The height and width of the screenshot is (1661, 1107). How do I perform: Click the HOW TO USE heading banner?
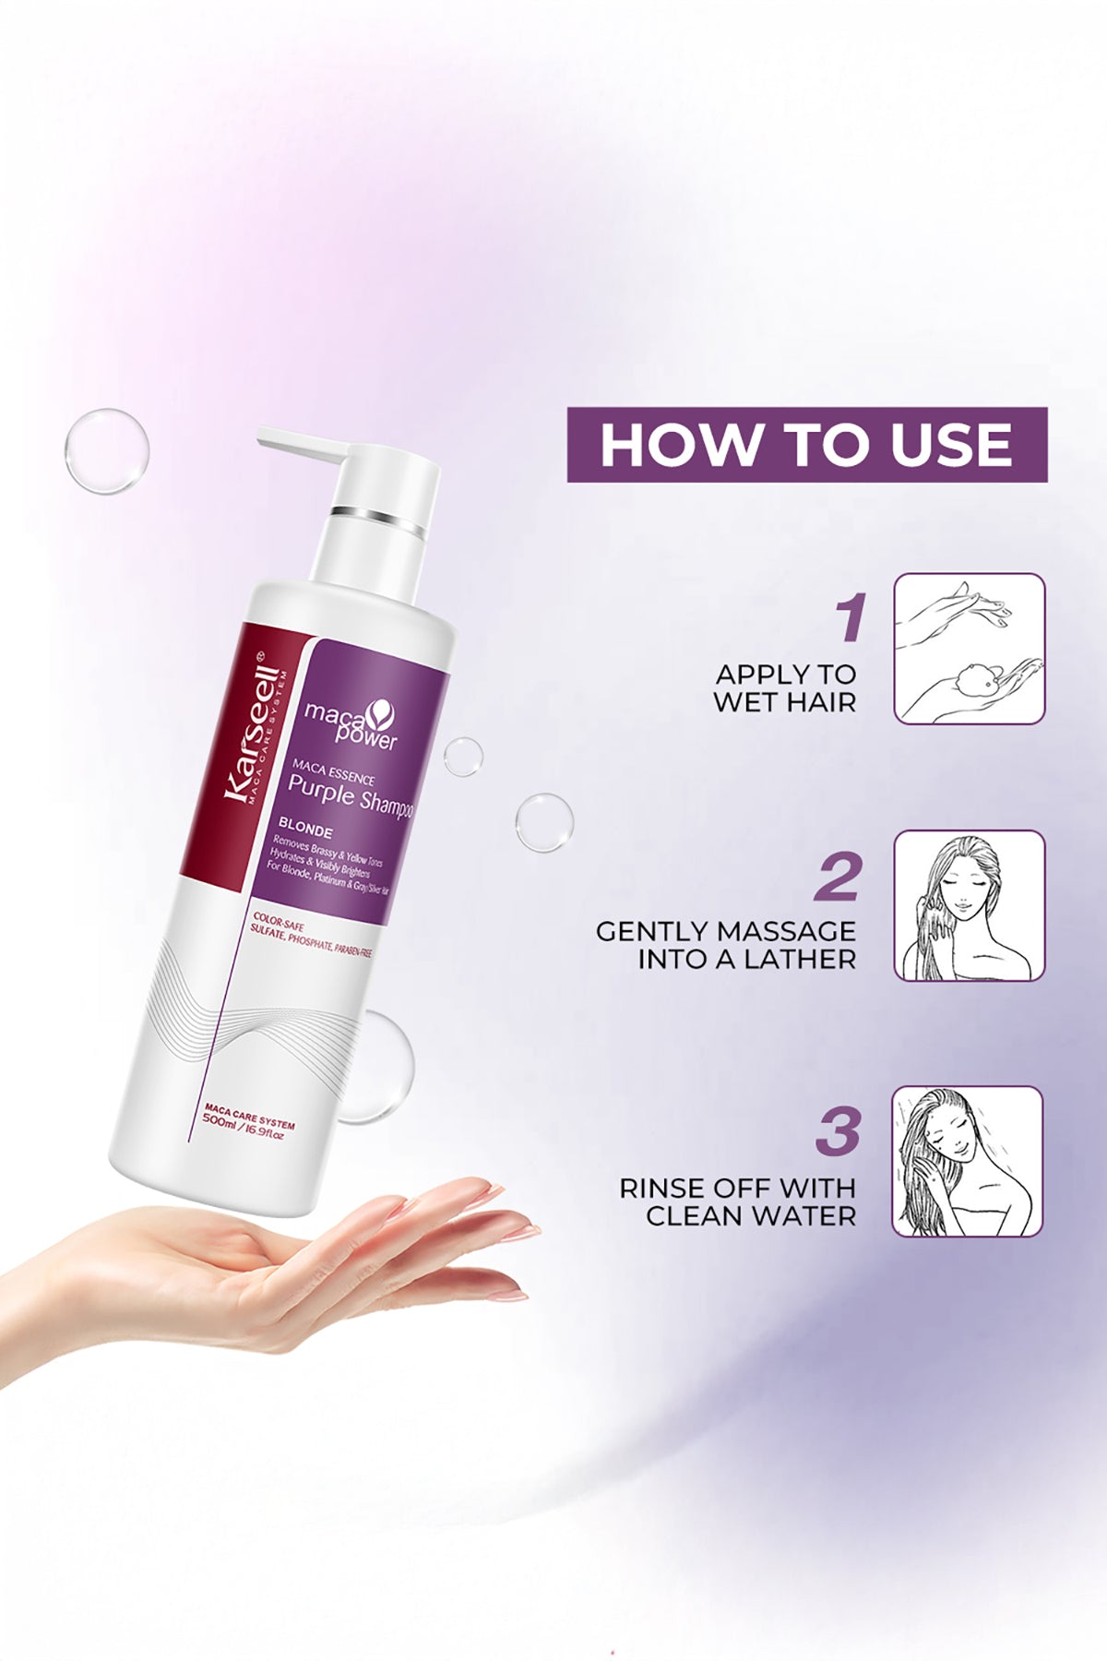pyautogui.click(x=807, y=445)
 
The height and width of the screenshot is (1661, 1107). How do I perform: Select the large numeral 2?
pyautogui.click(x=838, y=877)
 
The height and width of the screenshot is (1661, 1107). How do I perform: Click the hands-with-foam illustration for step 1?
pyautogui.click(x=969, y=649)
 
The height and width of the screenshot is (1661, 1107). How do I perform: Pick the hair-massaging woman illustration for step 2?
pyautogui.click(x=969, y=905)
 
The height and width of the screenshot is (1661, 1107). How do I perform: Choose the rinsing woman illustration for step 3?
pyautogui.click(x=968, y=1162)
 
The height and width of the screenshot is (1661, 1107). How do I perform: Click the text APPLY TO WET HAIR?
pyautogui.click(x=785, y=687)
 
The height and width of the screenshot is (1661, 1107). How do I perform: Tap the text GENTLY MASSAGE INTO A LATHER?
pyautogui.click(x=726, y=945)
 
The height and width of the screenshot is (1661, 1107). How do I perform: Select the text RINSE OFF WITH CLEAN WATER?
pyautogui.click(x=737, y=1201)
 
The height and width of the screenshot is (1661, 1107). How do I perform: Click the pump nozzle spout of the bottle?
pyautogui.click(x=300, y=446)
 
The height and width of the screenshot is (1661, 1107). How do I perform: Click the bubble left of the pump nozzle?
pyautogui.click(x=107, y=450)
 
